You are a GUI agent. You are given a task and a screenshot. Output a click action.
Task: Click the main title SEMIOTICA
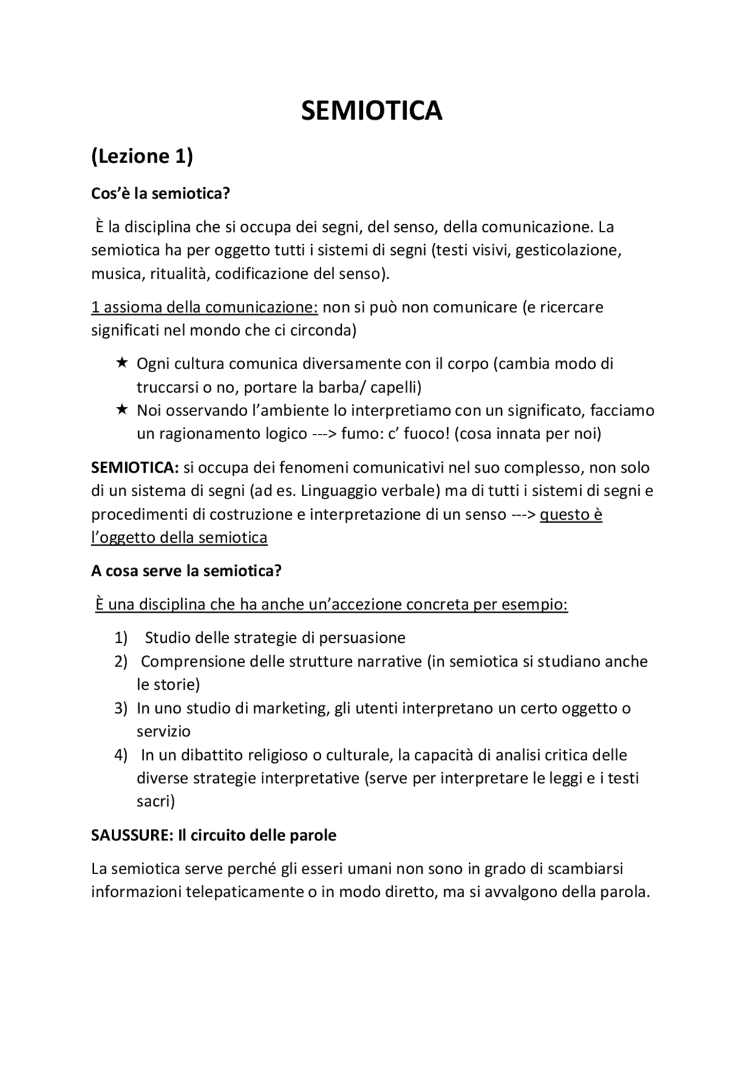click(x=371, y=111)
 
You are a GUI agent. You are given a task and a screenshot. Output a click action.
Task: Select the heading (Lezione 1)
click(x=142, y=157)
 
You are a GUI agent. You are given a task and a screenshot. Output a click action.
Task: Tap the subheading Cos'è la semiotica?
click(x=160, y=193)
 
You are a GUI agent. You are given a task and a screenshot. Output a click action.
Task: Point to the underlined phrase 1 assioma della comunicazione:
click(x=204, y=307)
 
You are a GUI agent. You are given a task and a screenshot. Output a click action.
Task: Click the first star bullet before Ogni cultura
click(x=121, y=363)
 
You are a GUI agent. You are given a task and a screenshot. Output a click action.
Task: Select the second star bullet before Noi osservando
click(x=121, y=409)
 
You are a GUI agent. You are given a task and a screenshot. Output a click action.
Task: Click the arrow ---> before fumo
click(x=324, y=434)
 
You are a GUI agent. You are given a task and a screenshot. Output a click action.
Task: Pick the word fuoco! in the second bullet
click(x=425, y=434)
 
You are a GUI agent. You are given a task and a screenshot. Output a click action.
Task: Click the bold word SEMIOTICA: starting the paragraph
click(x=135, y=468)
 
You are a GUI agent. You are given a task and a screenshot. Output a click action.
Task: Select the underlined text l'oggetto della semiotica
click(x=179, y=538)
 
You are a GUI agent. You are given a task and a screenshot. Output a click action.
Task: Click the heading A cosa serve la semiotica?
click(x=186, y=571)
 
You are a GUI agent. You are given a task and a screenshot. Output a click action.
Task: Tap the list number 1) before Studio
click(x=121, y=638)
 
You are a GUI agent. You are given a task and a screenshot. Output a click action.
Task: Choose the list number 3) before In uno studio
click(x=121, y=708)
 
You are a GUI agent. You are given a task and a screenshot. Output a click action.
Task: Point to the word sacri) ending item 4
click(x=156, y=801)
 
